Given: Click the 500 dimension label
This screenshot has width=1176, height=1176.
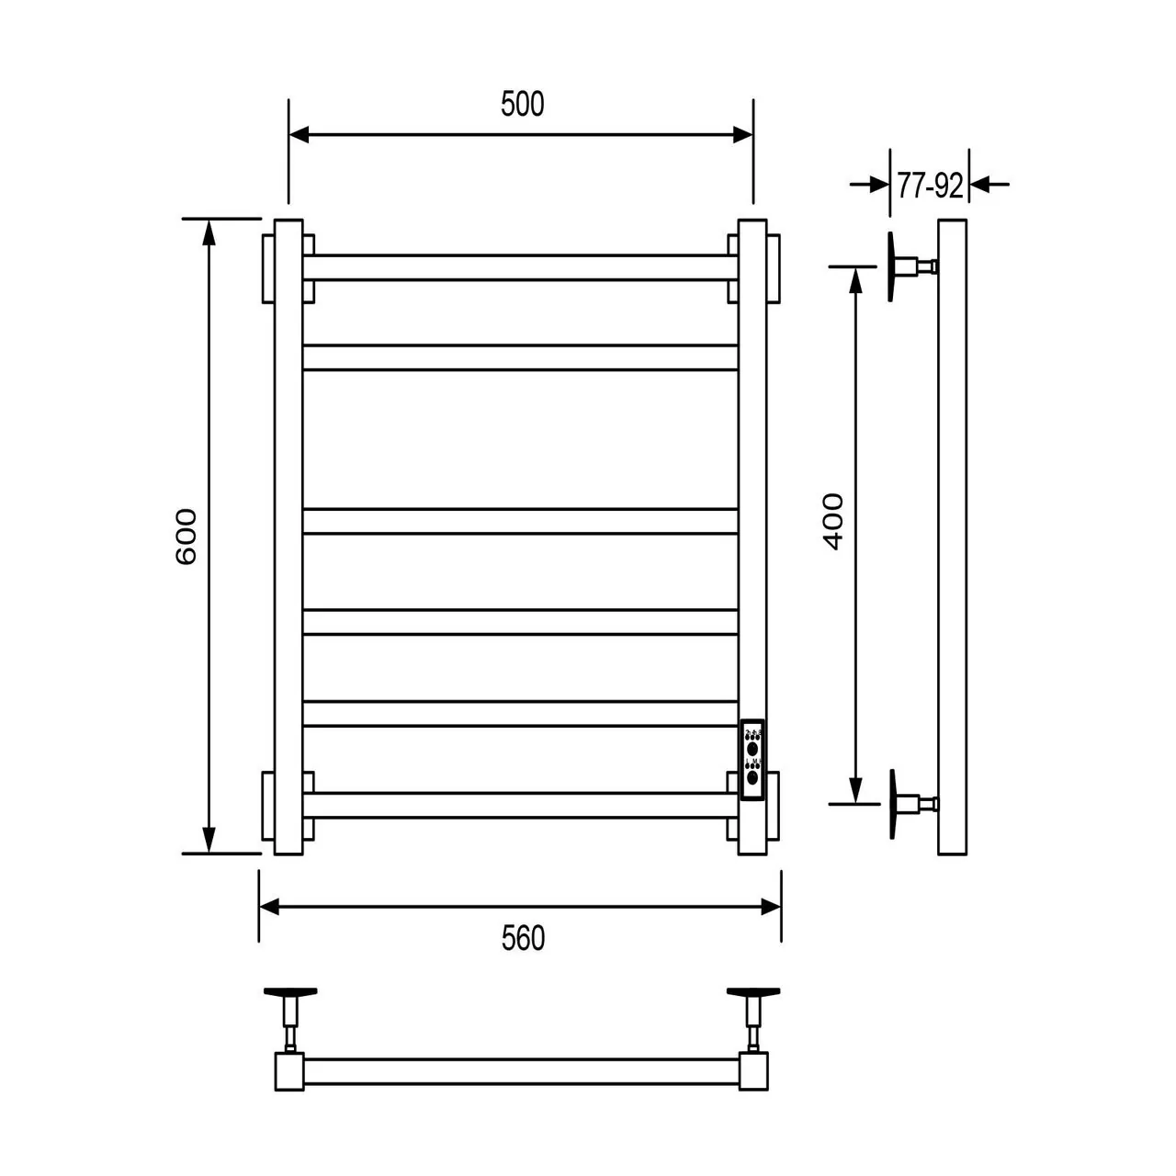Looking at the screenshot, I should pyautogui.click(x=522, y=105).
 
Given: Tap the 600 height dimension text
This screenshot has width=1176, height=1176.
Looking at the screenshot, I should pyautogui.click(x=186, y=536).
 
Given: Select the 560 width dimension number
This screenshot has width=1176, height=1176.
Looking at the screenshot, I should pyautogui.click(x=523, y=938).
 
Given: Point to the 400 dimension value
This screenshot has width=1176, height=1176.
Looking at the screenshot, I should pyautogui.click(x=832, y=521).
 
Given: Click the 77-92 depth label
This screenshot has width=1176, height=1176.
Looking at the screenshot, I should pyautogui.click(x=930, y=187).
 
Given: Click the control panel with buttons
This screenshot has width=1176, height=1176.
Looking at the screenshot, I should pyautogui.click(x=753, y=761).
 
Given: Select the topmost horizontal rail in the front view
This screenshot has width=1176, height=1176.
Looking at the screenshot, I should pyautogui.click(x=520, y=267).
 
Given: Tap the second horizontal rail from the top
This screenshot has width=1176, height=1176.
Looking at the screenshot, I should pyautogui.click(x=520, y=357).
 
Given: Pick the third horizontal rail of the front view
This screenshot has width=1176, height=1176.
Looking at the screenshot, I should pyautogui.click(x=520, y=521).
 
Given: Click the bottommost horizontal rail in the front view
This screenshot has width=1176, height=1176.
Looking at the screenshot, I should pyautogui.click(x=520, y=805).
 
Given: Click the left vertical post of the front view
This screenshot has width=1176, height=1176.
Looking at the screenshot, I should pyautogui.click(x=288, y=537).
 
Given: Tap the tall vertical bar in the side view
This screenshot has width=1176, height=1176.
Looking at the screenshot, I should pyautogui.click(x=952, y=537).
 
